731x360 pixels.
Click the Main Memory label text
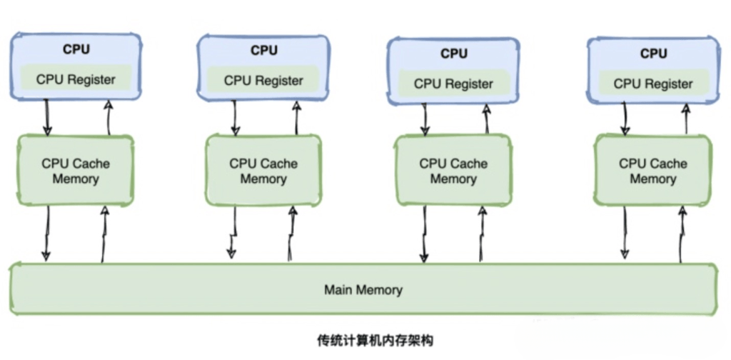click(363, 290)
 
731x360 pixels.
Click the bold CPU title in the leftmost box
click(76, 49)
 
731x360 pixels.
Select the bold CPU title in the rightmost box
click(653, 53)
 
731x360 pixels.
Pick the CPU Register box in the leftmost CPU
click(76, 79)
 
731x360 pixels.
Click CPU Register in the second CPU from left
click(263, 80)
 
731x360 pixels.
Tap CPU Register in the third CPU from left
click(453, 83)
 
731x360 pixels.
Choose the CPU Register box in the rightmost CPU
click(653, 83)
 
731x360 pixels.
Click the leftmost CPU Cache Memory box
click(75, 170)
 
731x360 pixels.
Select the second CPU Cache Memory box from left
click(263, 171)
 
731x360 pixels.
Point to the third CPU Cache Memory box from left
click(453, 171)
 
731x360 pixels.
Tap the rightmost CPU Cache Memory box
click(652, 171)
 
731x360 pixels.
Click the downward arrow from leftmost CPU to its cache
click(47, 116)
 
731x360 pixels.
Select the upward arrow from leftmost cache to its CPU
click(109, 116)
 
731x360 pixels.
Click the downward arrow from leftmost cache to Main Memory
click(47, 233)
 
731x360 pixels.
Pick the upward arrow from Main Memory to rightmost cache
click(680, 233)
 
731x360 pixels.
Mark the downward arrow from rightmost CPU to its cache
click(625, 118)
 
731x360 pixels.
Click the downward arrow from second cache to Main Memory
click(232, 233)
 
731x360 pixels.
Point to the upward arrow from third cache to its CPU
click(487, 118)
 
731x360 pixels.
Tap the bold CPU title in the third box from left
click(453, 53)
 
